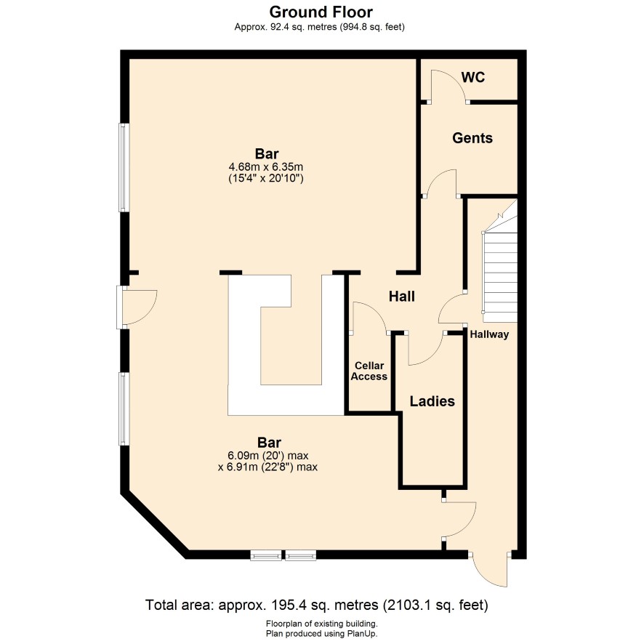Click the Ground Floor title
(321, 12)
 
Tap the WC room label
(473, 77)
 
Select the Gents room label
(472, 138)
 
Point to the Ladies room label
(432, 401)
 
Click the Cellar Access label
(369, 371)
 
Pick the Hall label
(402, 296)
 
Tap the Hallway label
(489, 334)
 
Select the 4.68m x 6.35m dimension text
(266, 167)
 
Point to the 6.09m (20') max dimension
(267, 456)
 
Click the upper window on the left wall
(124, 168)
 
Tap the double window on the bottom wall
(283, 555)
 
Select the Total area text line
(317, 605)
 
